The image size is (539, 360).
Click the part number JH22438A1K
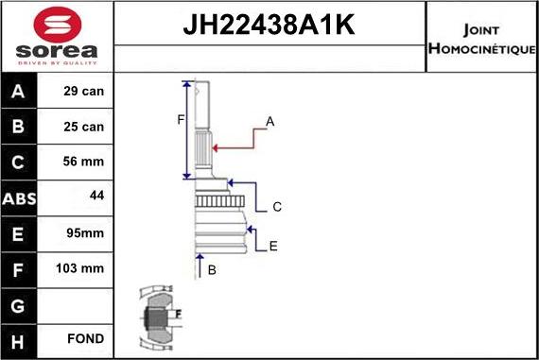tap(269, 26)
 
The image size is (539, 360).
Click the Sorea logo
tap(56, 37)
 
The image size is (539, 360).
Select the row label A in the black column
tap(20, 93)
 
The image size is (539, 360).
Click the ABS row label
tap(20, 197)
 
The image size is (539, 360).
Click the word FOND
tap(86, 338)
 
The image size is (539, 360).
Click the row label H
tap(20, 338)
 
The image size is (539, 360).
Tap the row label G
tap(20, 303)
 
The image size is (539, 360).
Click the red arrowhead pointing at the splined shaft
tap(217, 147)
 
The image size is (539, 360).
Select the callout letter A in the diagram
tap(270, 122)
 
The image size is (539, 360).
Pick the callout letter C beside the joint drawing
tap(277, 206)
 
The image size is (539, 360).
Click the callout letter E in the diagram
tap(273, 246)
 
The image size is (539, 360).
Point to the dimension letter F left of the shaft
tap(179, 119)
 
